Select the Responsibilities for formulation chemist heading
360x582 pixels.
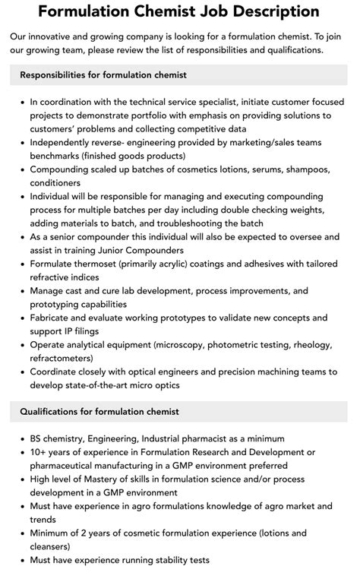pyautogui.click(x=103, y=74)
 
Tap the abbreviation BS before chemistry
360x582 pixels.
pyautogui.click(x=37, y=439)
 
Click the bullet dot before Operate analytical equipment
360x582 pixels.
pyautogui.click(x=21, y=345)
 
